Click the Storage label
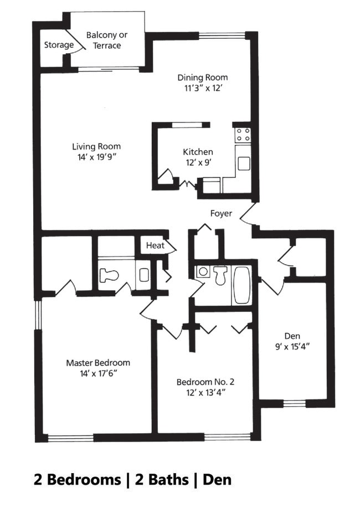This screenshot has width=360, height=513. (59, 45)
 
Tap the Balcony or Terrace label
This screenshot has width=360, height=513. (107, 40)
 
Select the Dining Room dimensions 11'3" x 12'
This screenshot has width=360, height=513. (203, 88)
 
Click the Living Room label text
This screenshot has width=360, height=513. (96, 147)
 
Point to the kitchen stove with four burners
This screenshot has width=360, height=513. (243, 135)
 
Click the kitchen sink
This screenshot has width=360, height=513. (243, 163)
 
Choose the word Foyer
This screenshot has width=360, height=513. (221, 213)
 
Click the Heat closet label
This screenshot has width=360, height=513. (155, 245)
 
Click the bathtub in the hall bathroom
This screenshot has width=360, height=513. (241, 285)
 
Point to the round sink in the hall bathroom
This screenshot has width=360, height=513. (203, 272)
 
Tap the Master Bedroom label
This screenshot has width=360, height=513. (98, 363)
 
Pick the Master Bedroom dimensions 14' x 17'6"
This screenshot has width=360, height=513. (98, 373)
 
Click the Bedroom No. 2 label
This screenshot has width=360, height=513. (205, 382)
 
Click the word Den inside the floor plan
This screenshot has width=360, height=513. (292, 336)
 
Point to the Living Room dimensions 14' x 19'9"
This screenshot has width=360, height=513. (96, 157)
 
